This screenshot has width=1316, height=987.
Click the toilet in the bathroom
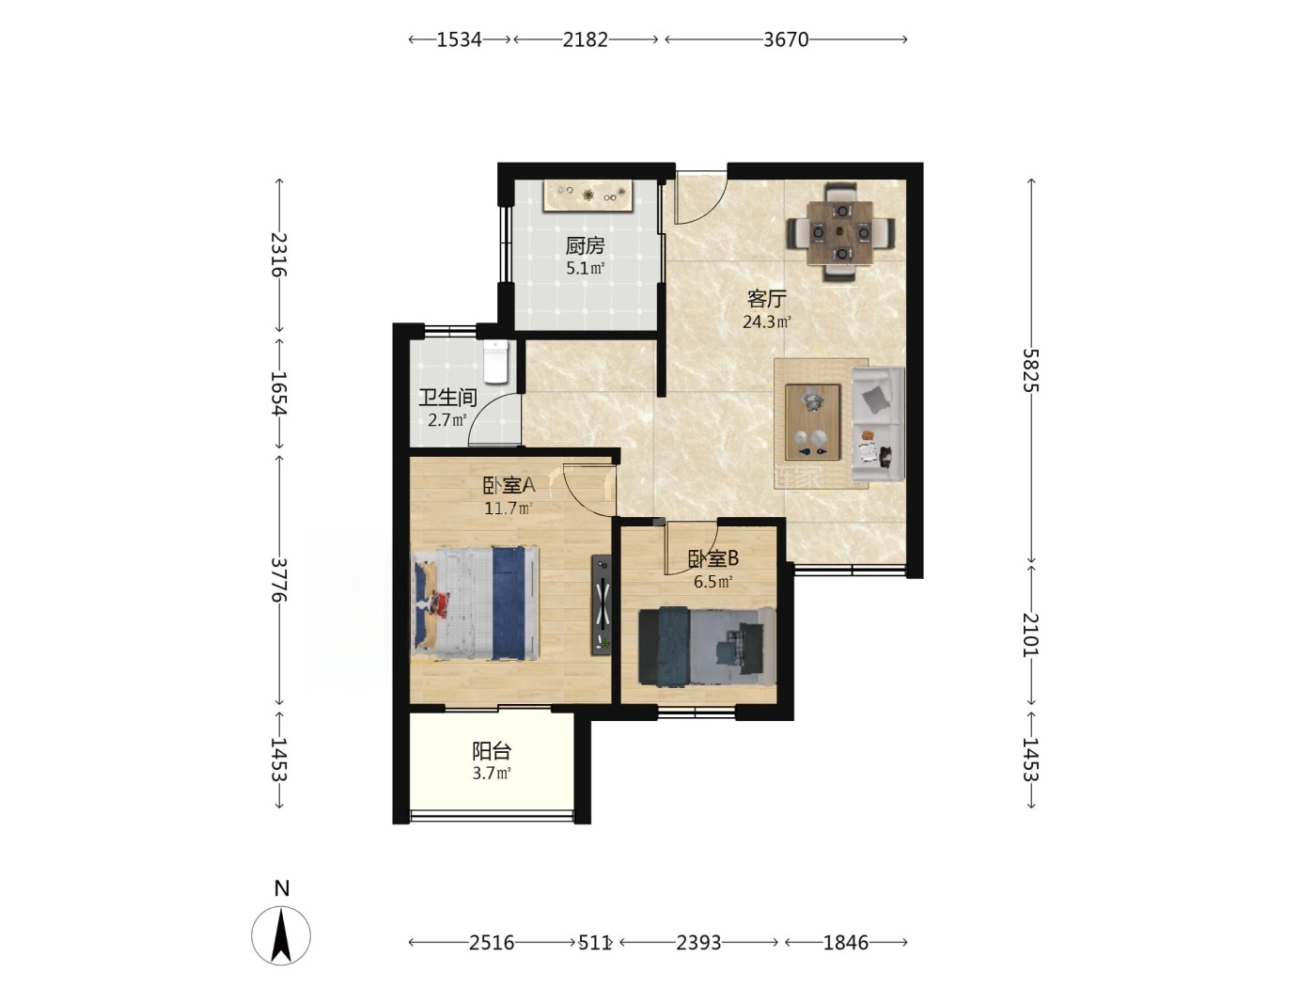coord(495,361)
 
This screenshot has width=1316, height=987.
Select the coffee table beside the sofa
coord(812,422)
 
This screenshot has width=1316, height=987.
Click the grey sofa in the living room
coord(878,424)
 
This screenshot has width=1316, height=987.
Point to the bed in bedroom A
coord(475,603)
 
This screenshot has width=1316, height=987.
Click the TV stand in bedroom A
coord(602,604)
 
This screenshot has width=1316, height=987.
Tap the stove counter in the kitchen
coord(588,195)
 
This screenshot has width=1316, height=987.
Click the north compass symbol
coord(280,935)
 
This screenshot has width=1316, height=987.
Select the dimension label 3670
coord(786,39)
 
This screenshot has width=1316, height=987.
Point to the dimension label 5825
coord(1031,370)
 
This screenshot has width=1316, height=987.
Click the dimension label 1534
coord(460,39)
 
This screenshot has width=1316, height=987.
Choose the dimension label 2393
coord(698,943)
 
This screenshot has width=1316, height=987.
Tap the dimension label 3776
coord(279,579)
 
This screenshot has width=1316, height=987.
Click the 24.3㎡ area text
coord(767,321)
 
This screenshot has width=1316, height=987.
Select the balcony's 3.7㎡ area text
coord(492,773)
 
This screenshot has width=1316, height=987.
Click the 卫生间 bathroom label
coord(447,397)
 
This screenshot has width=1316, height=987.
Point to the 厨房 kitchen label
coord(586,245)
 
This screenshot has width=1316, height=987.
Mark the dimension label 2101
coord(1031,634)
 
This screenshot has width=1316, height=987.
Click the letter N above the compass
coord(282,888)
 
